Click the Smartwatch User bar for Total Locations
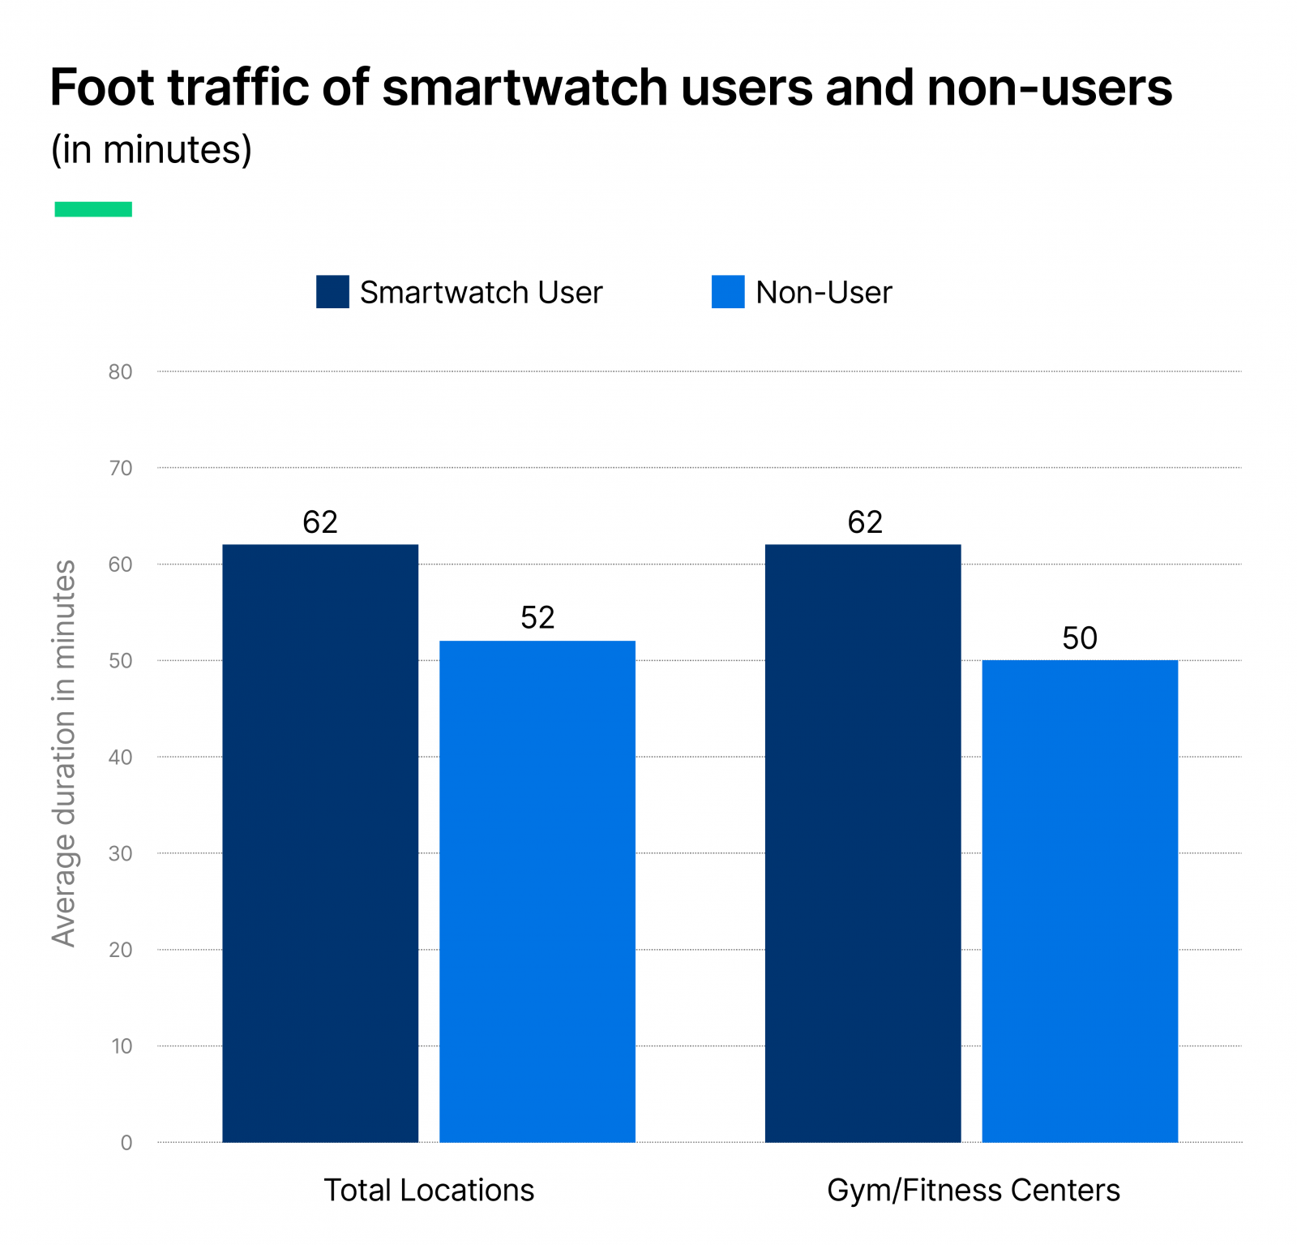[320, 844]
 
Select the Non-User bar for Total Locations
[537, 892]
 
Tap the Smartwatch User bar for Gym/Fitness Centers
[863, 844]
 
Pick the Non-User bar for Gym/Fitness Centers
[1080, 900]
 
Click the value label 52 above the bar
[537, 618]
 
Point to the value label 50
[1080, 638]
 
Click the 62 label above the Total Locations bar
[320, 522]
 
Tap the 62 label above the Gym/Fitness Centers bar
[865, 522]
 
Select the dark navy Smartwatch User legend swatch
[332, 292]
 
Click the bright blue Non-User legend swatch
[728, 292]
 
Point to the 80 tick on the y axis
[121, 372]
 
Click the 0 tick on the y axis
[126, 1143]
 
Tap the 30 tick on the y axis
[121, 854]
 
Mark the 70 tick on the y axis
[121, 468]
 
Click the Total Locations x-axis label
[429, 1190]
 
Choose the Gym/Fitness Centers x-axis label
[973, 1190]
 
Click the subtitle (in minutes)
[152, 150]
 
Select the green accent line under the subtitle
[93, 209]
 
